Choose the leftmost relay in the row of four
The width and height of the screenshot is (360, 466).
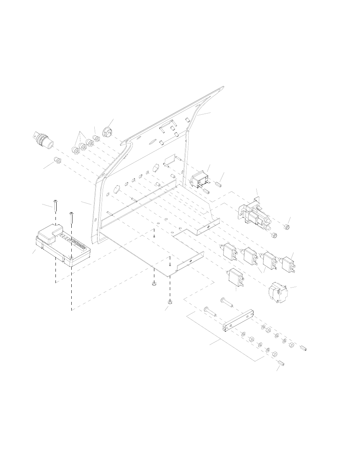[229, 252]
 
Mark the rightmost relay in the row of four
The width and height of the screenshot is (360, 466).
[289, 262]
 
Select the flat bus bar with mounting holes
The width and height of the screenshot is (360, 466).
[238, 320]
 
